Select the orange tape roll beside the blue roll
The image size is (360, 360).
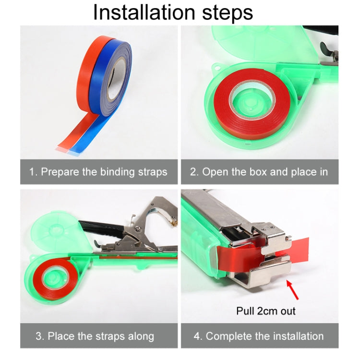point(86,72)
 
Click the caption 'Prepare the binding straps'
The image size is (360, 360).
point(104,172)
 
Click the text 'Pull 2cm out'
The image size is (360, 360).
point(266,311)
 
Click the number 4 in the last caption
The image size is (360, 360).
point(197,336)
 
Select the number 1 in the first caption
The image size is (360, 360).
point(32,172)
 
